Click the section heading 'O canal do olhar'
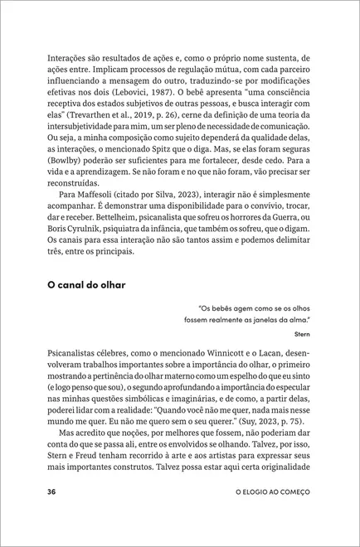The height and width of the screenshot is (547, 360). point(86,285)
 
